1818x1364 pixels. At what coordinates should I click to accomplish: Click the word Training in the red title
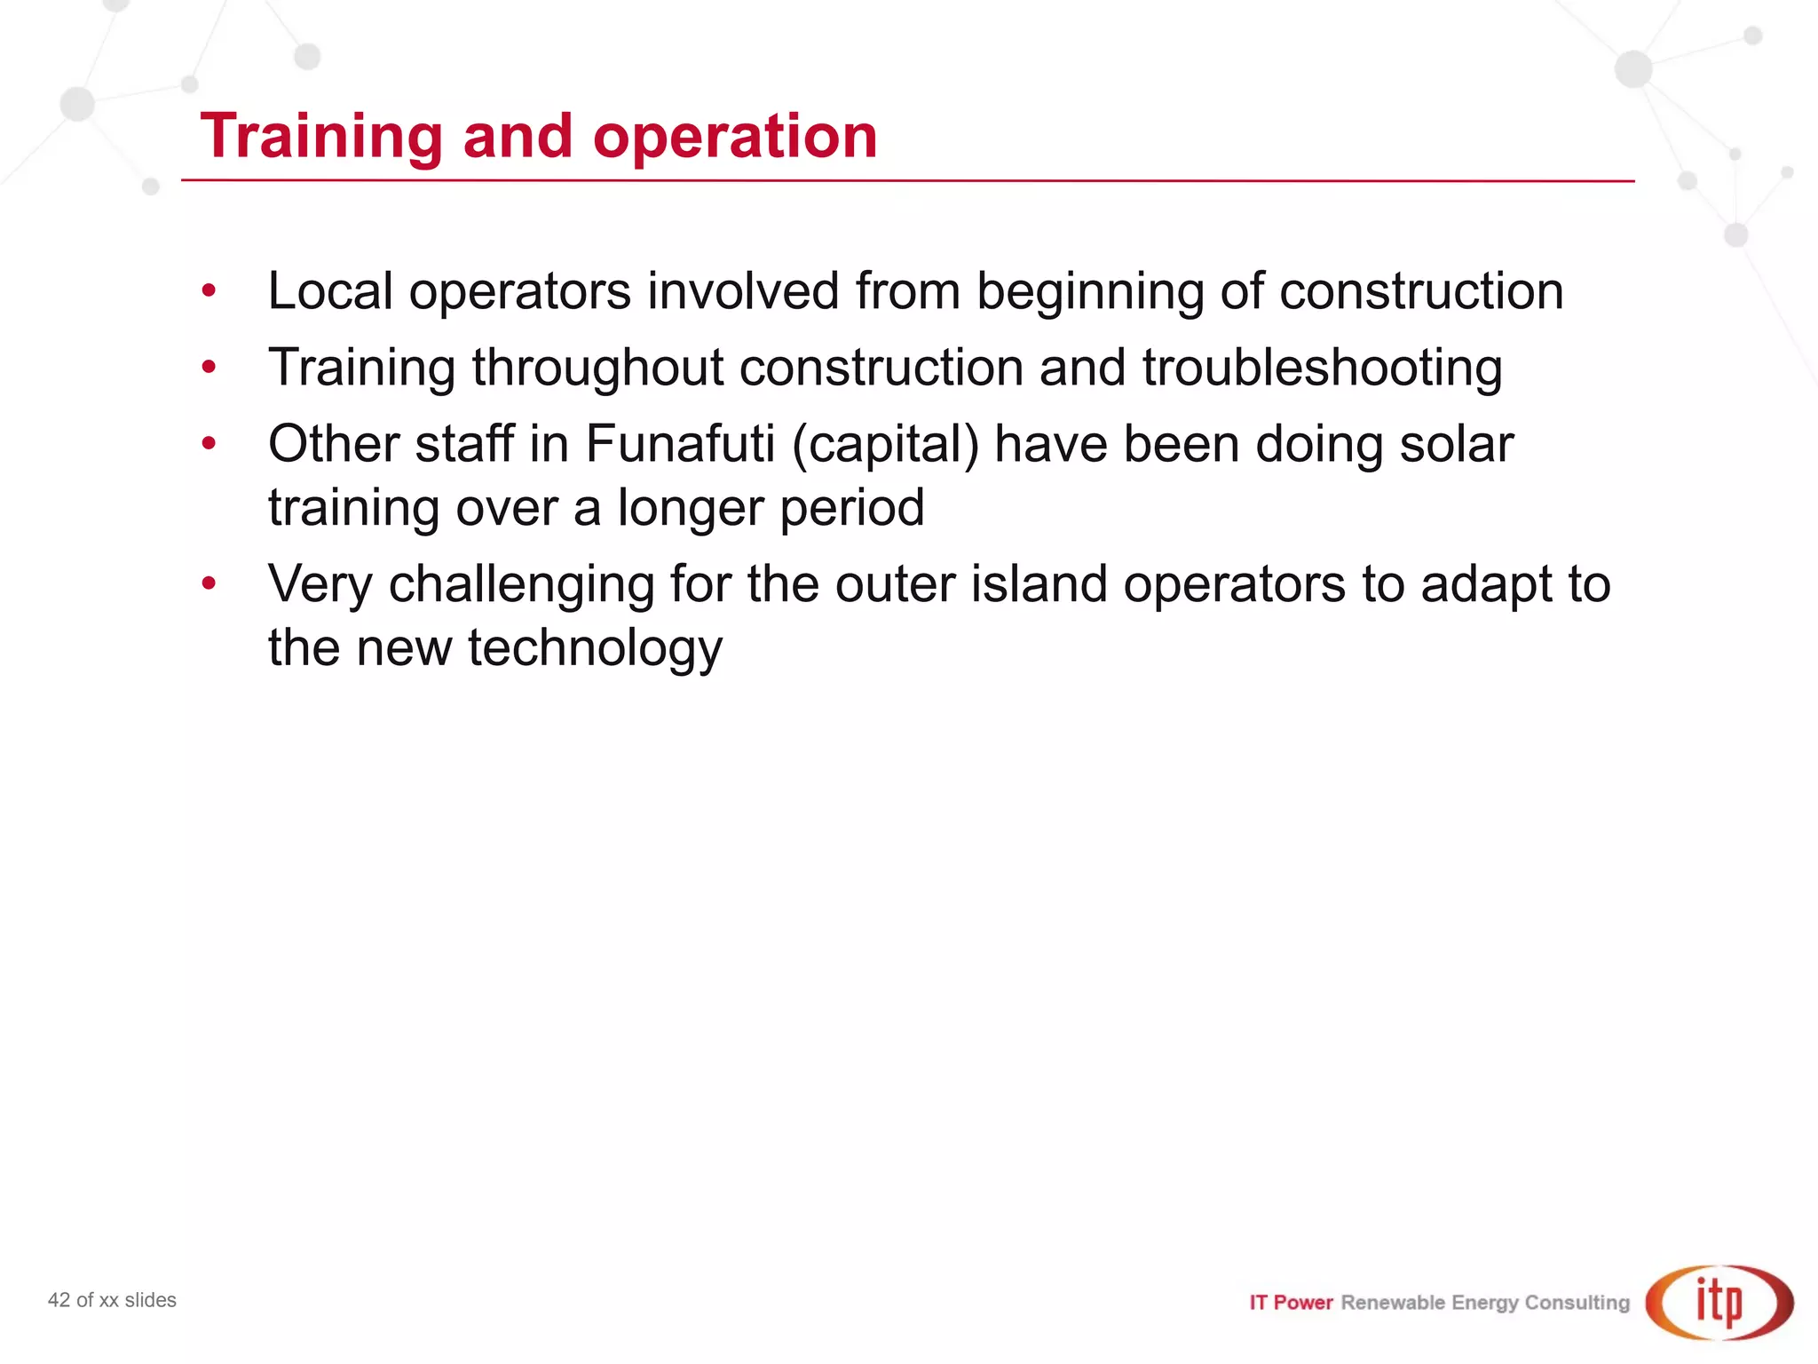(x=321, y=138)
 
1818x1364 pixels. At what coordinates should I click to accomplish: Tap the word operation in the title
(x=735, y=138)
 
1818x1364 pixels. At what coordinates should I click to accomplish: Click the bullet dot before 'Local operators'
(x=209, y=290)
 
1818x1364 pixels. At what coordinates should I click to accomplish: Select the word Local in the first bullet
(x=330, y=291)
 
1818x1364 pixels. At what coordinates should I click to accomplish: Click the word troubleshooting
(x=1322, y=369)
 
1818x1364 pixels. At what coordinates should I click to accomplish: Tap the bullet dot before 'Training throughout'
(x=209, y=366)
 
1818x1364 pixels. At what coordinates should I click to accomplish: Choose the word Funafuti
(x=681, y=443)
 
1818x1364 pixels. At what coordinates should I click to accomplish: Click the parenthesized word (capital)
(x=885, y=445)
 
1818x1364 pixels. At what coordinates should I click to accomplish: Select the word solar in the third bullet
(x=1456, y=443)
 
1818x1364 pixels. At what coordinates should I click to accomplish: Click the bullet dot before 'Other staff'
(x=209, y=442)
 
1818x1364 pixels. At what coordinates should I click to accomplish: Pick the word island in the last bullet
(x=1039, y=584)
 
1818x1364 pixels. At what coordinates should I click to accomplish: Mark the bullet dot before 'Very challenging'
(x=209, y=583)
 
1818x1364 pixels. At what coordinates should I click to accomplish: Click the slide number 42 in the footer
(x=59, y=1300)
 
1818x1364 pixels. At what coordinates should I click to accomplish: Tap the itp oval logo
(x=1719, y=1302)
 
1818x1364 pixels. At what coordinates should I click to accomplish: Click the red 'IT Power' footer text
(x=1291, y=1303)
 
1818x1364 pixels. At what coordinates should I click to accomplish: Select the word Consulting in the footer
(x=1577, y=1303)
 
